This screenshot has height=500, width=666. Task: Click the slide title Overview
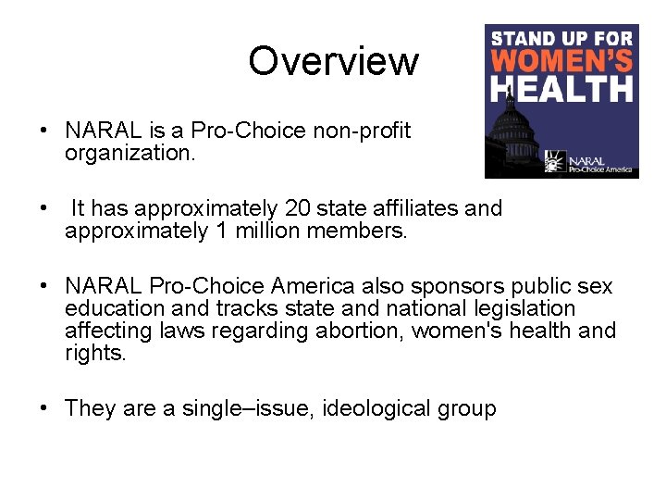pos(333,61)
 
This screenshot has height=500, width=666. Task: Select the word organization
pos(129,153)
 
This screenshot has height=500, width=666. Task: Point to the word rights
pos(95,353)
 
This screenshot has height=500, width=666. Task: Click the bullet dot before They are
pos(44,408)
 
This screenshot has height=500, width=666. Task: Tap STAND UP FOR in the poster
pos(561,39)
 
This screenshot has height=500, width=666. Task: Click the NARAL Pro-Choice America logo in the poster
pos(587,163)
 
